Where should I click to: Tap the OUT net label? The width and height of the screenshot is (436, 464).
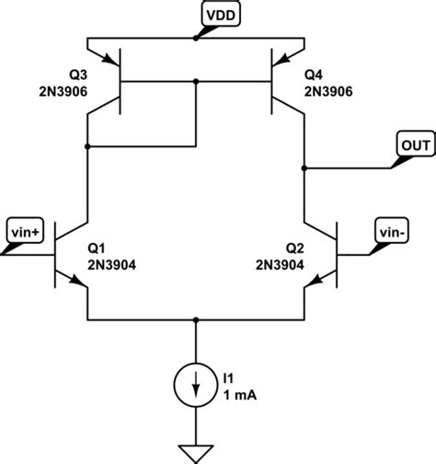(411, 144)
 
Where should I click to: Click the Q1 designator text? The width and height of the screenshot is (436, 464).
(97, 248)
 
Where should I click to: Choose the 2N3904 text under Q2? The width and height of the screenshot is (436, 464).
(280, 263)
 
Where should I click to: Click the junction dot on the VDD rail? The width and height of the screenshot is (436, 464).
(196, 39)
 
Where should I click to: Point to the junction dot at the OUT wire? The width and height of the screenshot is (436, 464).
(304, 168)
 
